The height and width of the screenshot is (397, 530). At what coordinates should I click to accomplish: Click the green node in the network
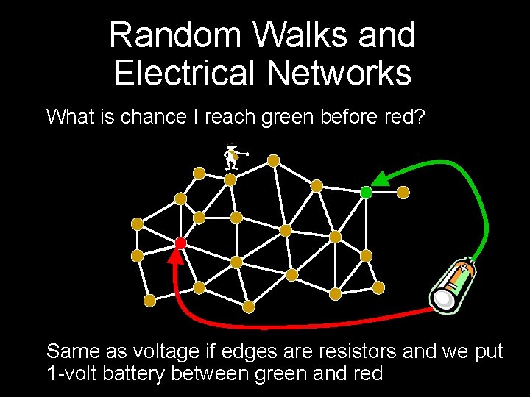click(x=366, y=193)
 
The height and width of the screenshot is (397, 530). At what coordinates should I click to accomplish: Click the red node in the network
click(x=180, y=243)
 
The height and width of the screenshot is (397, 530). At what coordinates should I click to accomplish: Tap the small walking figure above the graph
click(x=233, y=157)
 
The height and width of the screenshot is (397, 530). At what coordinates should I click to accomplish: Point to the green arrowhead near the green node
click(x=381, y=177)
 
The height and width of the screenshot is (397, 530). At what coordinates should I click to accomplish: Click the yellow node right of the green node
click(x=403, y=192)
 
